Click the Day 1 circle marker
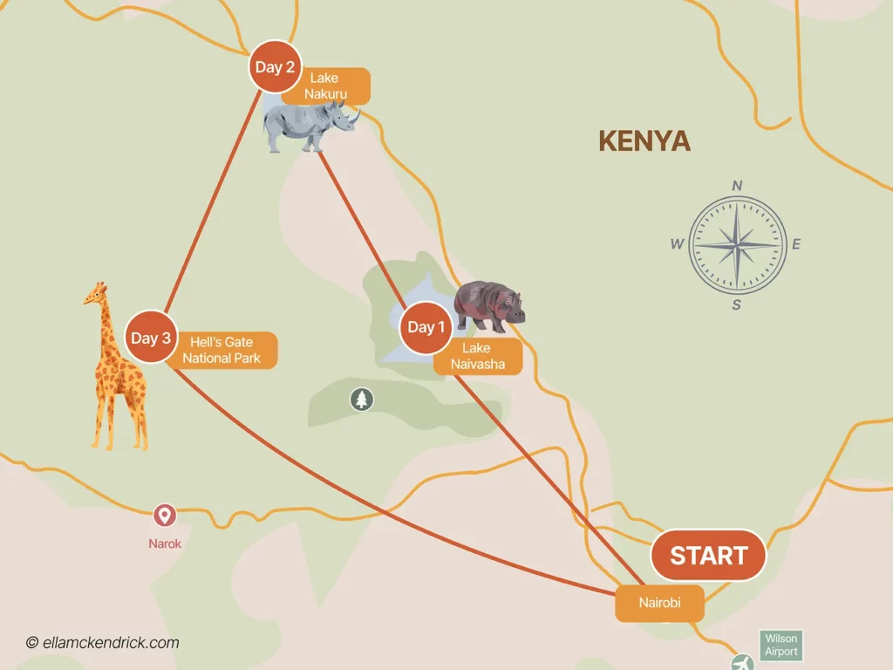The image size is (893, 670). click(426, 327)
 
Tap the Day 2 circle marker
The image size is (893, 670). click(275, 66)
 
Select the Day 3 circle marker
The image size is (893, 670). click(151, 338)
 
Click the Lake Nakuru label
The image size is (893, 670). click(324, 85)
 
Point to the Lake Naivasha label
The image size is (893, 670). click(477, 357)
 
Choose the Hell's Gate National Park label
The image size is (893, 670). click(222, 351)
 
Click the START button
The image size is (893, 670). click(708, 555)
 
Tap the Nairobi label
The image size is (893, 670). click(659, 603)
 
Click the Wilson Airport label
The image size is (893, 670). click(781, 646)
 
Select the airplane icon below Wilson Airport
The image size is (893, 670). click(742, 662)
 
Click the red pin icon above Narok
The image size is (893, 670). click(164, 516)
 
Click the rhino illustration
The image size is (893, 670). click(310, 125)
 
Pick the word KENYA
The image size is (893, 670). click(644, 141)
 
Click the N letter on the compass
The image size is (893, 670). click(737, 185)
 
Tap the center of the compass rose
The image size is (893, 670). click(738, 245)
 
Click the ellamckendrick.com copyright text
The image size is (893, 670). click(102, 643)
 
